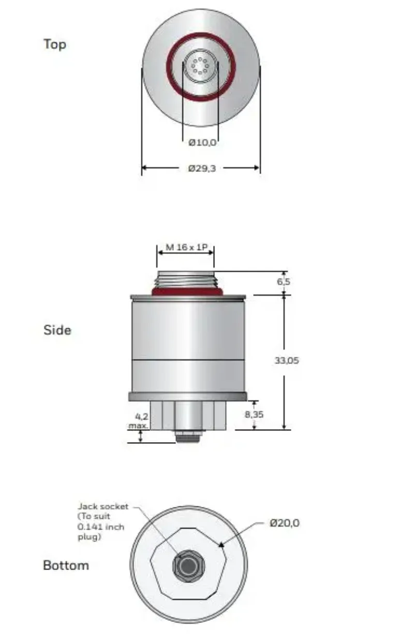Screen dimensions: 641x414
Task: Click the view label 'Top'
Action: coord(55,44)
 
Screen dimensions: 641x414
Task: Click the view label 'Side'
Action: coord(57,330)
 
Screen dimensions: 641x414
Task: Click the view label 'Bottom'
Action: coord(66,565)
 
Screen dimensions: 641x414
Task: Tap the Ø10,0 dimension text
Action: coord(202,142)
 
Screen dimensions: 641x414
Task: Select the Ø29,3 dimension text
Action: coord(202,168)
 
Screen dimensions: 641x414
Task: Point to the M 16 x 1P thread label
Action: coord(185,247)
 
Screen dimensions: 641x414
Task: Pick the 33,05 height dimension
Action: coord(287,360)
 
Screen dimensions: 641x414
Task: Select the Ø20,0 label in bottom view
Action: coord(285,523)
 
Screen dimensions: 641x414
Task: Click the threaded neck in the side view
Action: coord(185,279)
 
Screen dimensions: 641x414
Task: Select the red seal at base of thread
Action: coord(185,291)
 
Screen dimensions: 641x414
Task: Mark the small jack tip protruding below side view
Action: coord(187,438)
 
